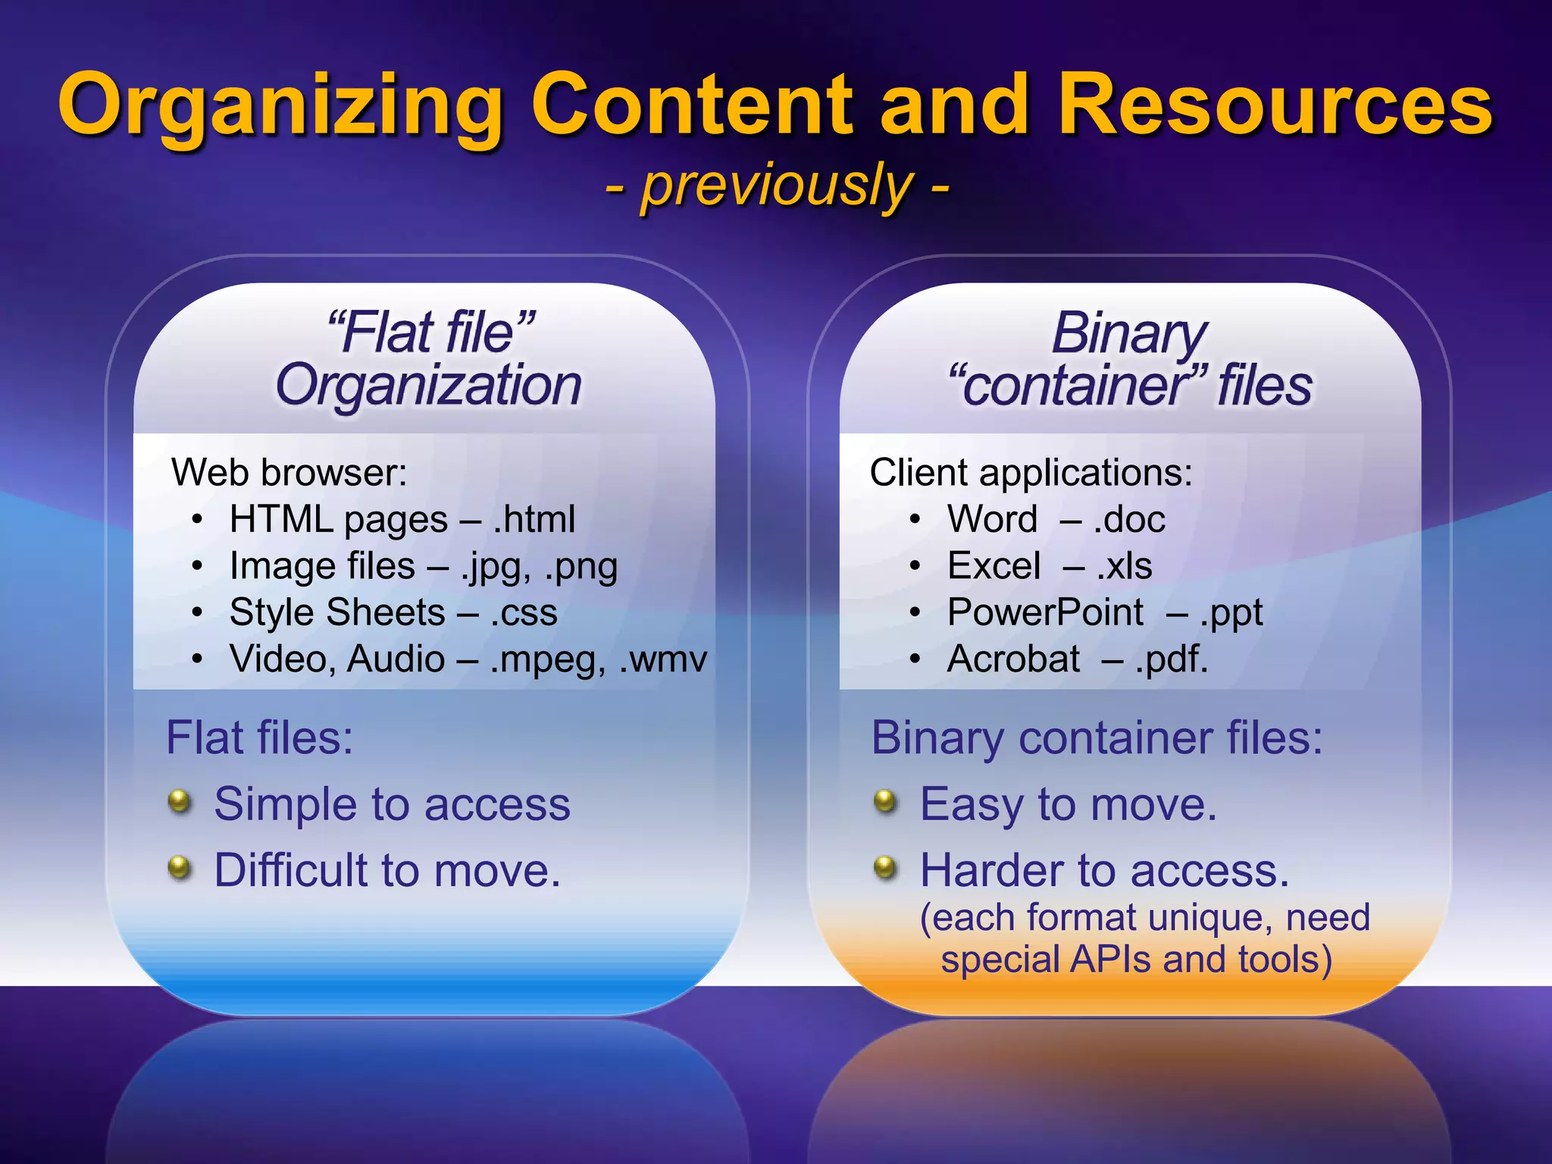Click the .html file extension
pyautogui.click(x=534, y=520)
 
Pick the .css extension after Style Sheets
pyautogui.click(x=524, y=612)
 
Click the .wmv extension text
pyautogui.click(x=663, y=659)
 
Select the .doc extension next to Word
pyautogui.click(x=1129, y=520)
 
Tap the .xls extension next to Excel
pyautogui.click(x=1125, y=566)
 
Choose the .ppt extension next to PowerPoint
pyautogui.click(x=1231, y=613)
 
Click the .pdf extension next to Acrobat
pyautogui.click(x=1170, y=659)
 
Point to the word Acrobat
pyautogui.click(x=1013, y=659)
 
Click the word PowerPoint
pyautogui.click(x=1045, y=612)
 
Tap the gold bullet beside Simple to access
pyautogui.click(x=180, y=801)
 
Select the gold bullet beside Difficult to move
pyautogui.click(x=180, y=867)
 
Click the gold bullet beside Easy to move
pyautogui.click(x=885, y=801)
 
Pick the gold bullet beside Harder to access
pyautogui.click(x=885, y=867)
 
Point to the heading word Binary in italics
pyautogui.click(x=1129, y=333)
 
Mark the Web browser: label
pyautogui.click(x=289, y=473)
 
